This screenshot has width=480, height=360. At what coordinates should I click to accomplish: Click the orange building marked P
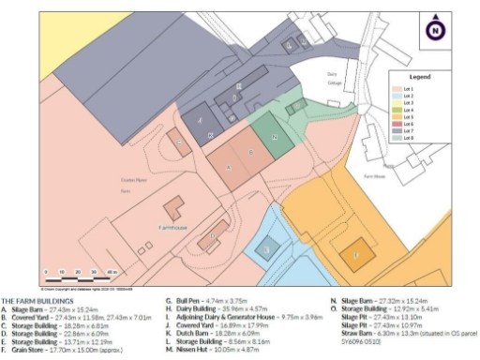(x=355, y=254)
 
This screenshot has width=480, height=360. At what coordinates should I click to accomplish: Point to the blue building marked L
(x=267, y=249)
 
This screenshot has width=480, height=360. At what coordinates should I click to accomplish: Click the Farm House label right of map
(x=374, y=175)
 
